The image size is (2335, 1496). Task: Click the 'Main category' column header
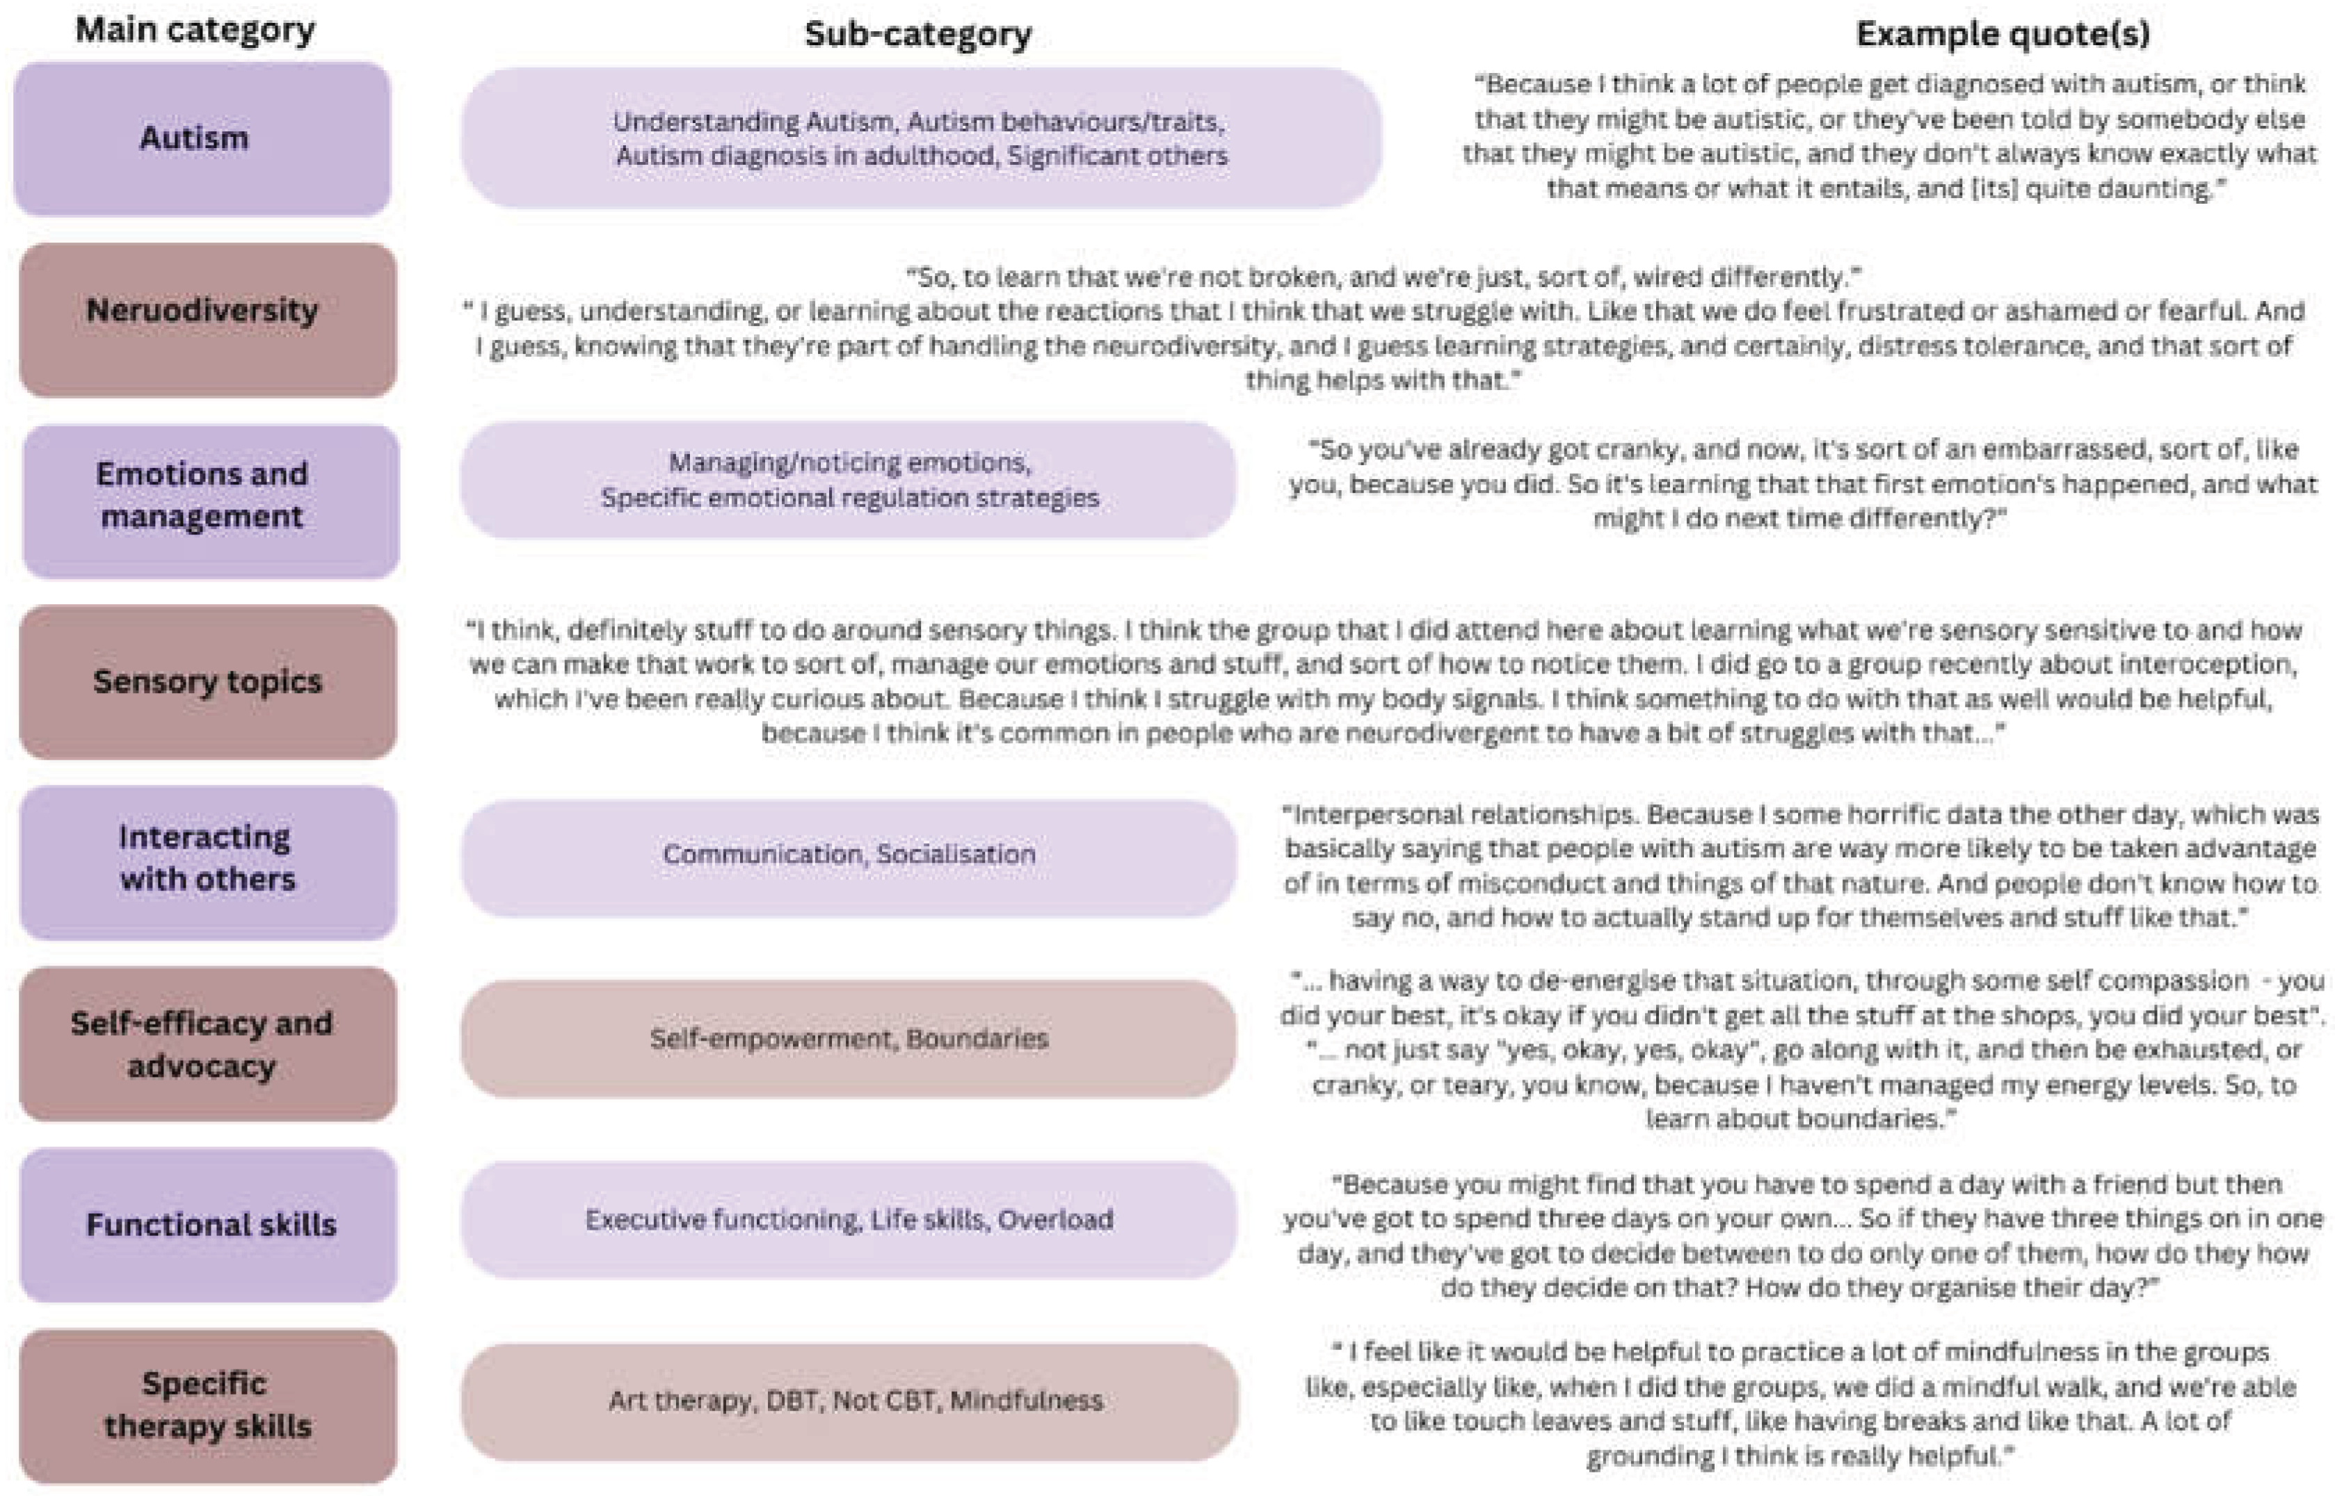(195, 30)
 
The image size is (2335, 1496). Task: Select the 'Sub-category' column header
(917, 35)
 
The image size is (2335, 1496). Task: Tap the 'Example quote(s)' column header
(2002, 35)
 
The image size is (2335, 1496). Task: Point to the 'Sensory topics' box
(208, 682)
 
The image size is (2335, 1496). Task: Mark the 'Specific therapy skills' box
(208, 1406)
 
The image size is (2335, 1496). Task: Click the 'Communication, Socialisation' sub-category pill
(849, 856)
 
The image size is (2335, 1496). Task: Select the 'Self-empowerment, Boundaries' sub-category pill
(849, 1039)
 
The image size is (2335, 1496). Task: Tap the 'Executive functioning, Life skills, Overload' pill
(849, 1220)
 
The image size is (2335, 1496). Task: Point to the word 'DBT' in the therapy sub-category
(792, 1401)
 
